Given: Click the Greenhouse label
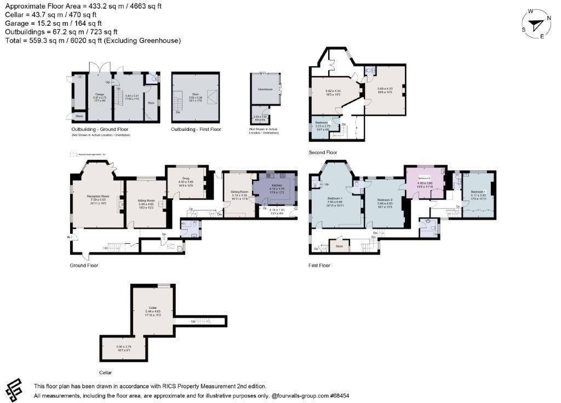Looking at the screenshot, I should point(265,89).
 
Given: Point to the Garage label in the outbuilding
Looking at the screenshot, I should point(99,94).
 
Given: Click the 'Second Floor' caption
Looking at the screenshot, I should point(323,153).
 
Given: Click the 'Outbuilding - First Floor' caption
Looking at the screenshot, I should point(196,129).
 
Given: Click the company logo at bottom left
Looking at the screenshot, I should point(15,389).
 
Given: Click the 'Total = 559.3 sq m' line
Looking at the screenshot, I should point(93,41).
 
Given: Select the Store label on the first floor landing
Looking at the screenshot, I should point(339,246).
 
